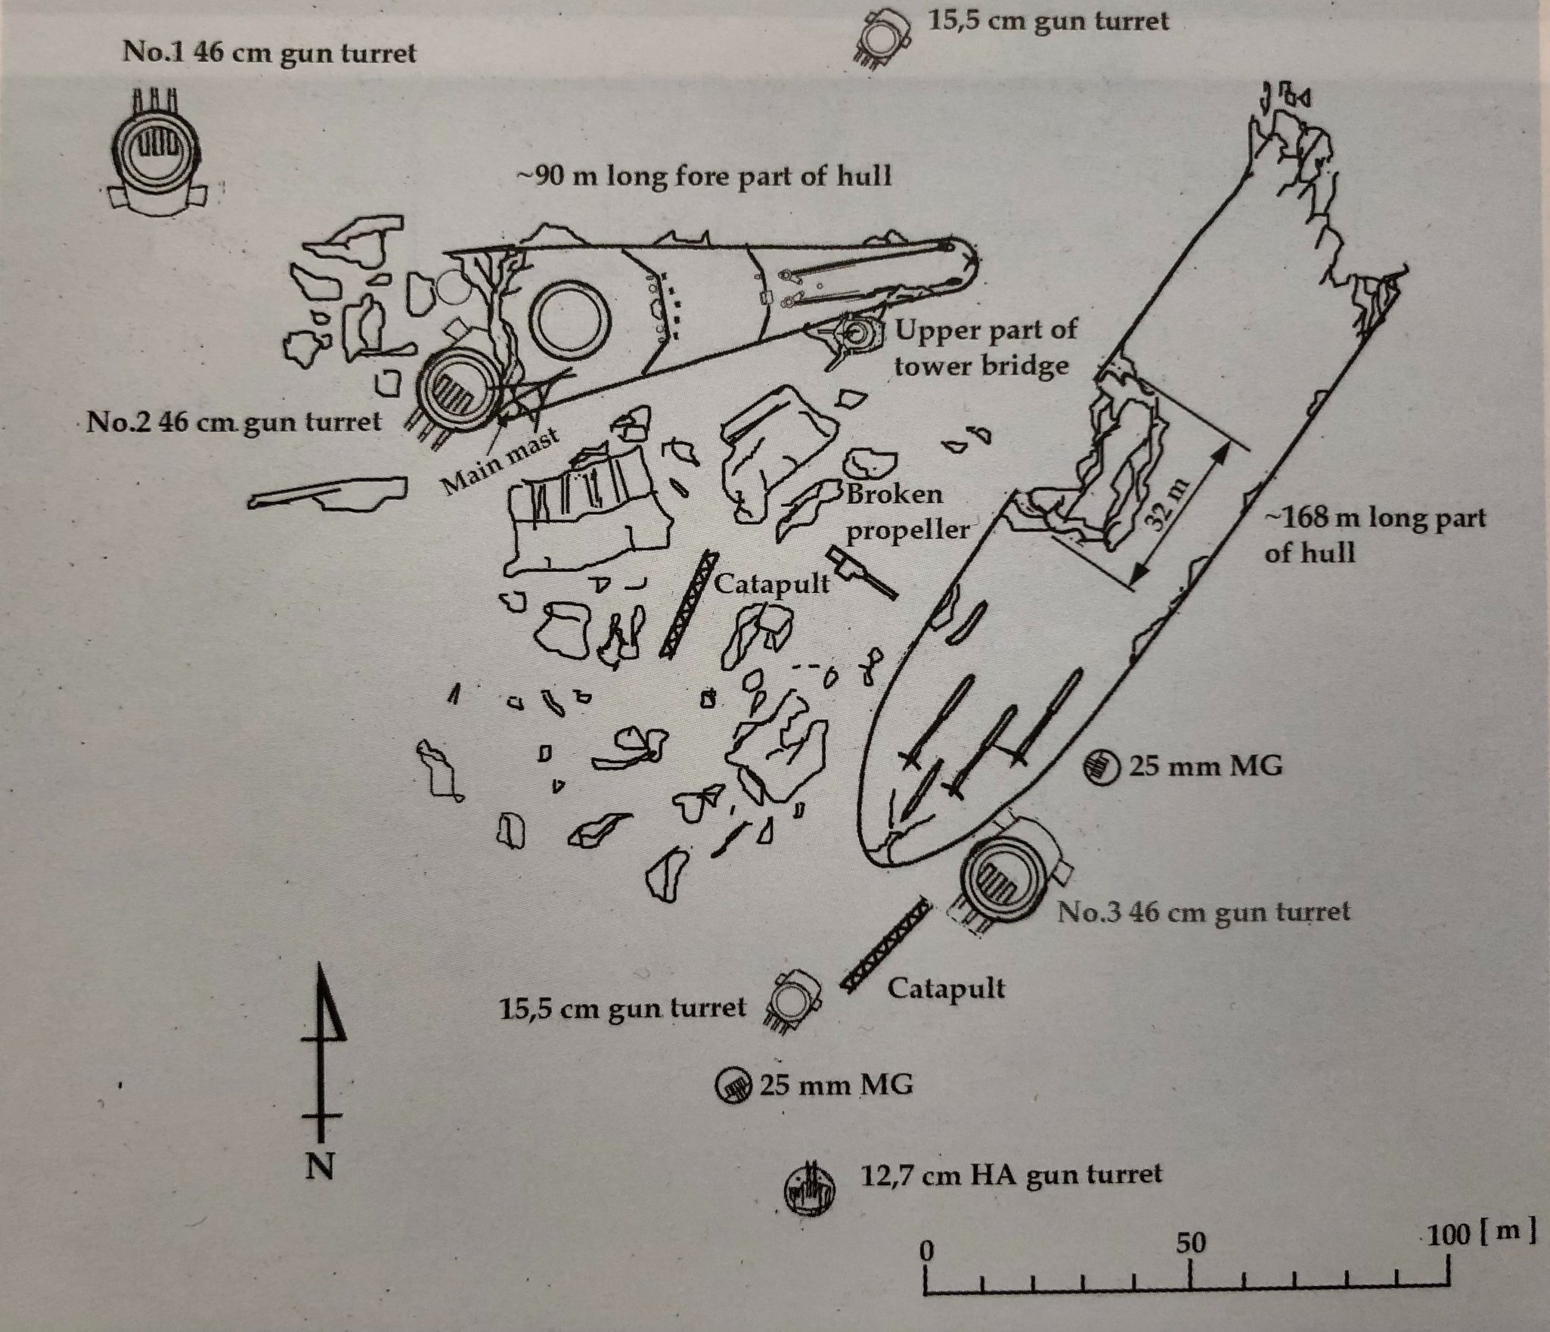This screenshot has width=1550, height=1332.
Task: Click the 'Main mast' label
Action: (x=500, y=461)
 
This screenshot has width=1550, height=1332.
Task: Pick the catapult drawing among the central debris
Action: (x=687, y=601)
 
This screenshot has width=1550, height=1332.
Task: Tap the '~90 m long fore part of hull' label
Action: (x=703, y=176)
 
